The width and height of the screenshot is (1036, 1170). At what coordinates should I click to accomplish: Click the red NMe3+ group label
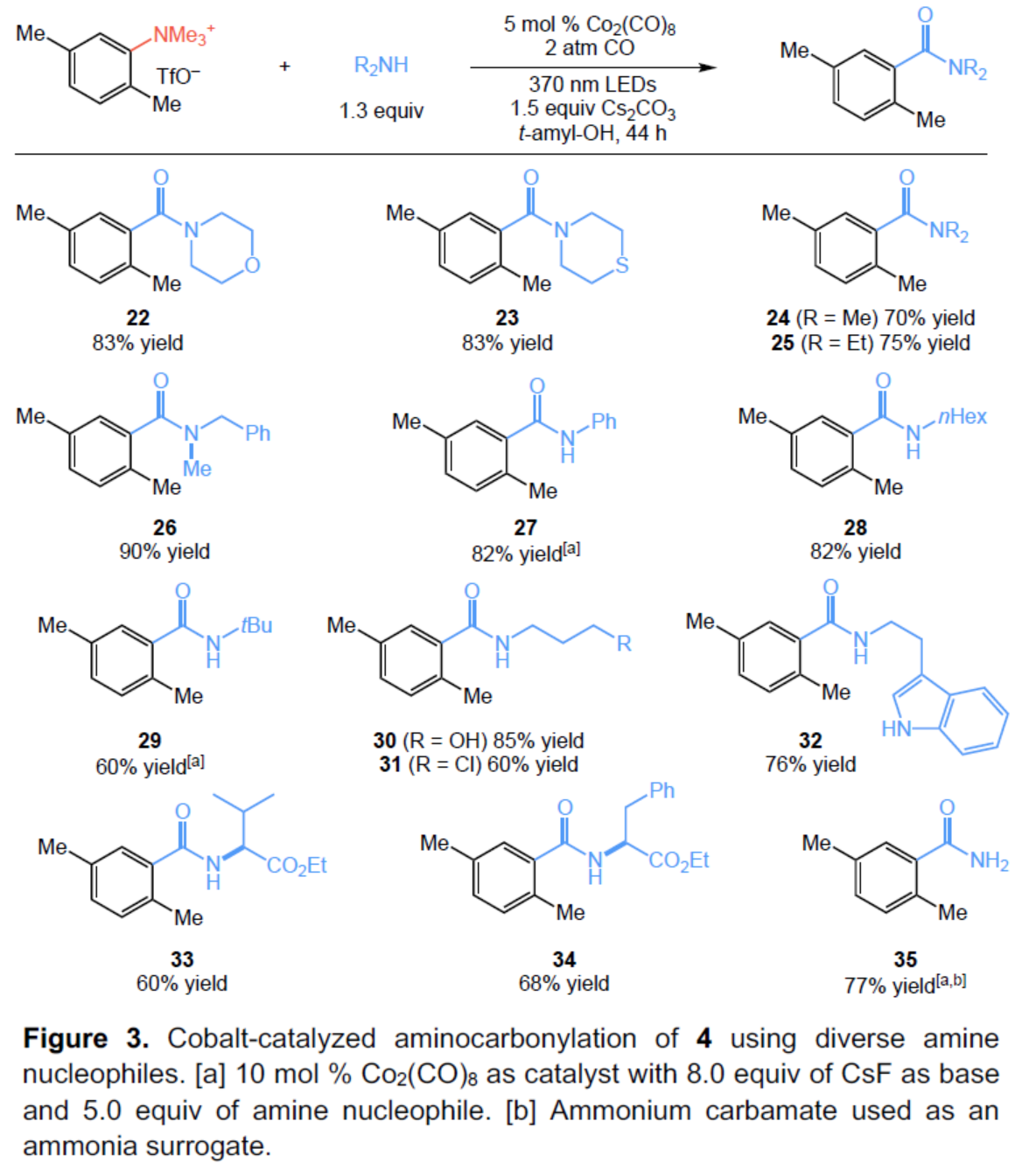[x=183, y=35]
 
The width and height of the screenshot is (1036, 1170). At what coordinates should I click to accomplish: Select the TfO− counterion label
[x=178, y=76]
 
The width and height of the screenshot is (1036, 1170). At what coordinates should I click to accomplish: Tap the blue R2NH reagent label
[x=381, y=66]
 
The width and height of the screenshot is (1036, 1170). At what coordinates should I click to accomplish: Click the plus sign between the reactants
[x=285, y=66]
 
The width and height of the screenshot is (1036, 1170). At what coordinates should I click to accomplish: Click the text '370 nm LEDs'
[x=592, y=85]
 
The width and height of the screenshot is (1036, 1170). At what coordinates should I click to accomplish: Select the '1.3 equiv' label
[x=381, y=111]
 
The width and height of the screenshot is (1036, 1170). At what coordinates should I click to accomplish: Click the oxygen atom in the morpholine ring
[x=252, y=265]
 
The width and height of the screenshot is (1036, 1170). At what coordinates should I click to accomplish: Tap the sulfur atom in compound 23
[x=622, y=265]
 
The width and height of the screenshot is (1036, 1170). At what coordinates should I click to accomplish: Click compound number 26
[x=164, y=527]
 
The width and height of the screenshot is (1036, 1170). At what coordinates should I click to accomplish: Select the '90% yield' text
[x=164, y=552]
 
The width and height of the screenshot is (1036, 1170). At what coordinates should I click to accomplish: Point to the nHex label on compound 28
[x=962, y=417]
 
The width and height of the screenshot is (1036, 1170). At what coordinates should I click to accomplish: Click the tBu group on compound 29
[x=256, y=625]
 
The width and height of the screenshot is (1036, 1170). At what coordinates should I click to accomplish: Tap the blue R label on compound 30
[x=624, y=644]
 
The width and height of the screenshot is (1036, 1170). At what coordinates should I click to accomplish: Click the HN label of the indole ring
[x=897, y=728]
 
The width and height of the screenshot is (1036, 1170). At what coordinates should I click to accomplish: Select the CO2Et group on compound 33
[x=297, y=866]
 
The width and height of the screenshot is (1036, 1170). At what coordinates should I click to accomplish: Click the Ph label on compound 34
[x=661, y=790]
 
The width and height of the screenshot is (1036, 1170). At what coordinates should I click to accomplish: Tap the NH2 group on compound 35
[x=990, y=861]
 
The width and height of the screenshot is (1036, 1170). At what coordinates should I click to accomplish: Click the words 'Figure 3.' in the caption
[x=86, y=1038]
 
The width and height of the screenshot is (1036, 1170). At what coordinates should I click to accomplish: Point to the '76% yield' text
[x=810, y=764]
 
